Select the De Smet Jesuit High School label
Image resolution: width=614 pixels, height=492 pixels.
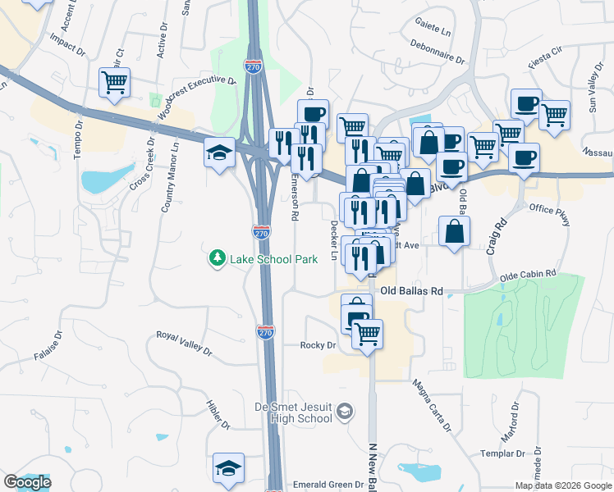pos(298,412)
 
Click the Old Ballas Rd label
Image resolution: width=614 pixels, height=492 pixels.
pos(412,291)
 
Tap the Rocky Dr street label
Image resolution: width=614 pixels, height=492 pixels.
pos(318,345)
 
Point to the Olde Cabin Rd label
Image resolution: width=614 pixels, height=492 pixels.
pos(533,275)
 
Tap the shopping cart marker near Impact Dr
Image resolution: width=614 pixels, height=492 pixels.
pos(115,82)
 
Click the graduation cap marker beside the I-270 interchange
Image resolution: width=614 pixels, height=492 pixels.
pos(219,153)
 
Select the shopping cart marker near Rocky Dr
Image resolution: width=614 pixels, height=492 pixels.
pos(367,333)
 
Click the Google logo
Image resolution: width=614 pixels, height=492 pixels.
pos(27,482)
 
